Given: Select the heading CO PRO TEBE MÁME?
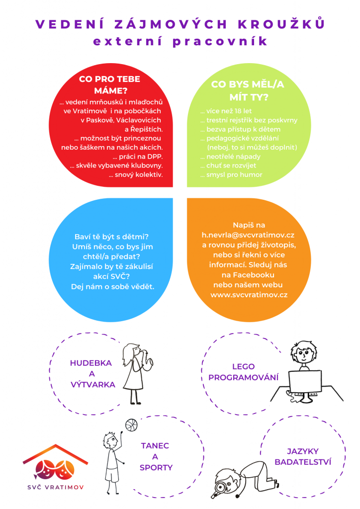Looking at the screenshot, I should point(110,85).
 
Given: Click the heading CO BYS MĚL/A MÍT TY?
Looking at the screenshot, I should point(248,90).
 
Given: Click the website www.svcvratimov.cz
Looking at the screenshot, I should point(249,294).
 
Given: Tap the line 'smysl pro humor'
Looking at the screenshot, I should point(231,175).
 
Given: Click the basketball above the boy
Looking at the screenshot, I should point(131,425).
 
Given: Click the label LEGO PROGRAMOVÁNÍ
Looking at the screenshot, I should point(243,372).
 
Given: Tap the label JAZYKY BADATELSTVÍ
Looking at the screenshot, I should point(302,457).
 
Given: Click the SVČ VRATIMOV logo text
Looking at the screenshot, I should point(49,486).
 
